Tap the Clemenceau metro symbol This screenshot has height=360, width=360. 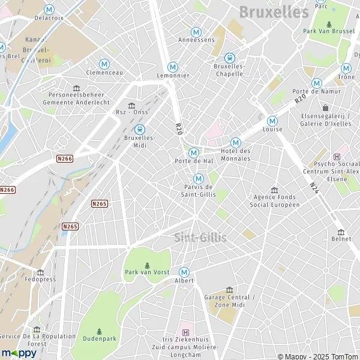point(104,64)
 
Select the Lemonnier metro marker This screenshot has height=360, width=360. point(173,67)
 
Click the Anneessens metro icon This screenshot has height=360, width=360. point(196,32)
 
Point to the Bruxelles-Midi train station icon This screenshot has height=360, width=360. point(139,128)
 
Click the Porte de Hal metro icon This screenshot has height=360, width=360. point(193,152)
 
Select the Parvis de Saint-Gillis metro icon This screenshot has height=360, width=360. point(198,178)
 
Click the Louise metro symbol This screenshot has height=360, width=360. point(272,120)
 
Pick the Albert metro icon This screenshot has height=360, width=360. point(184,272)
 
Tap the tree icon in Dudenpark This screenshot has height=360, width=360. point(99,331)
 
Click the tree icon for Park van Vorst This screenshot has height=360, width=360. point(147,265)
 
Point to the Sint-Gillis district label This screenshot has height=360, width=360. point(200,238)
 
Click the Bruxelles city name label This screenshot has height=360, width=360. point(274,11)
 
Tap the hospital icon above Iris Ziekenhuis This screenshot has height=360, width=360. point(185,332)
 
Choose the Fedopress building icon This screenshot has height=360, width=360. point(40,271)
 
